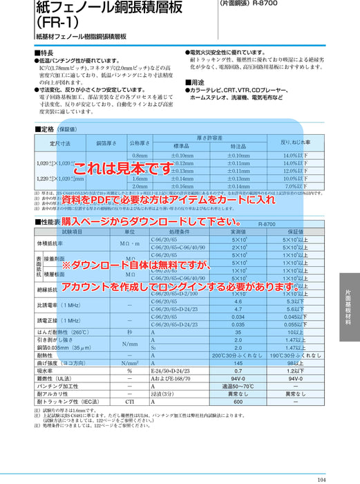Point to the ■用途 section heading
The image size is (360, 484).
(198, 83)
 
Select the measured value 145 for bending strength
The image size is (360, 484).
(238, 363)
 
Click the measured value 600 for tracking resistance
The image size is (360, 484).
(238, 402)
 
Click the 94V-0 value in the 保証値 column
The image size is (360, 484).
(295, 379)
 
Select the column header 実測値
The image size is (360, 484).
(238, 233)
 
